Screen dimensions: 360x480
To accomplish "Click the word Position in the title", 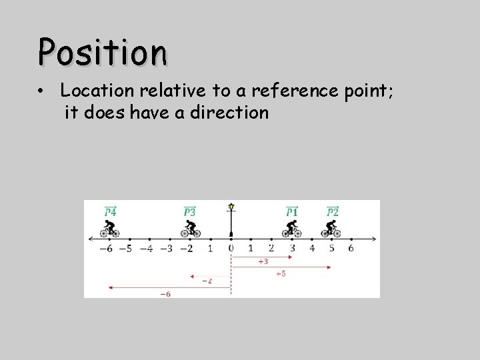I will pos(102,51).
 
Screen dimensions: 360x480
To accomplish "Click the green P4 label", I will pos(110,211).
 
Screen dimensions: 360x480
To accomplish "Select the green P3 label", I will pos(190,211).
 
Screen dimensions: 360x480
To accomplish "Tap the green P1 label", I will pos(292,211).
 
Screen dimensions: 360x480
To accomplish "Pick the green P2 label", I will pos(333,211).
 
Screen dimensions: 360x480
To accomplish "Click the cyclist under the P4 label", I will pos(109,229).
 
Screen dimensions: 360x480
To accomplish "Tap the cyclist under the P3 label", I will pos(191,229).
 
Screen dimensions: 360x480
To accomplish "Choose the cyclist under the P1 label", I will pos(292,229).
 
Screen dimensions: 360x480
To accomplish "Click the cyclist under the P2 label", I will pos(331,229).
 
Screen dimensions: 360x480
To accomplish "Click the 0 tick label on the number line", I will pos(231,249).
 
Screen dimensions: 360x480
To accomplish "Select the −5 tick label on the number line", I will pos(125,249).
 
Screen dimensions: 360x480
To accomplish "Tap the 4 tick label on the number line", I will pos(311,249).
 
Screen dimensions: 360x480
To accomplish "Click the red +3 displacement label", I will pos(263,262).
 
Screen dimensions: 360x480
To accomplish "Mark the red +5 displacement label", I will pos(281,273).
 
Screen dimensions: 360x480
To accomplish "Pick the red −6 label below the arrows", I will pos(165,293).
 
